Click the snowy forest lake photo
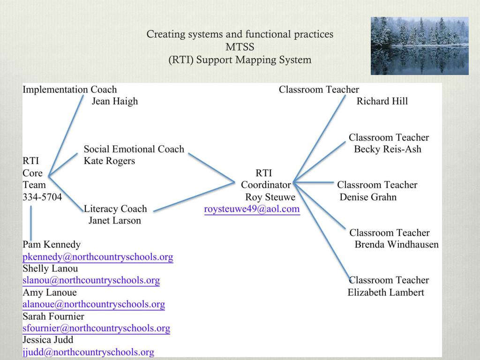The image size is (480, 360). (x=420, y=46)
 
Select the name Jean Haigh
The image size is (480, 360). (x=115, y=101)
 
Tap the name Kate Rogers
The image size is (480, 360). (x=109, y=161)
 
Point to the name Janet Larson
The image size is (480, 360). (x=114, y=220)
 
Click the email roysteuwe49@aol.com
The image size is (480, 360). (x=252, y=209)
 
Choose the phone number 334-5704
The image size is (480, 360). (x=42, y=197)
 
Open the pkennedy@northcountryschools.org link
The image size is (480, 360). (x=98, y=257)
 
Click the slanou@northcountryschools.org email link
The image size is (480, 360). (x=91, y=280)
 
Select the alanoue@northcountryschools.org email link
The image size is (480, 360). (x=94, y=304)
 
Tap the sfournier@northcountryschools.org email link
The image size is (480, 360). (x=97, y=328)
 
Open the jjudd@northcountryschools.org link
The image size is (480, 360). (x=89, y=352)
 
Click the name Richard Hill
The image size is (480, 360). (x=382, y=101)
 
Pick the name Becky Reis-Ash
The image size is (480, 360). (x=388, y=149)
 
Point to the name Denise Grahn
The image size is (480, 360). (x=368, y=197)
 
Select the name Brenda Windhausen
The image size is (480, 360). (x=397, y=244)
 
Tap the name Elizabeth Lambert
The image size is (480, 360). (x=386, y=292)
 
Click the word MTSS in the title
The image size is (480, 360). (x=240, y=47)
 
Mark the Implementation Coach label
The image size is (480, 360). (x=70, y=89)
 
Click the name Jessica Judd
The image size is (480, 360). (x=48, y=340)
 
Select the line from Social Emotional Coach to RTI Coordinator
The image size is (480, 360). (x=211, y=167)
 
